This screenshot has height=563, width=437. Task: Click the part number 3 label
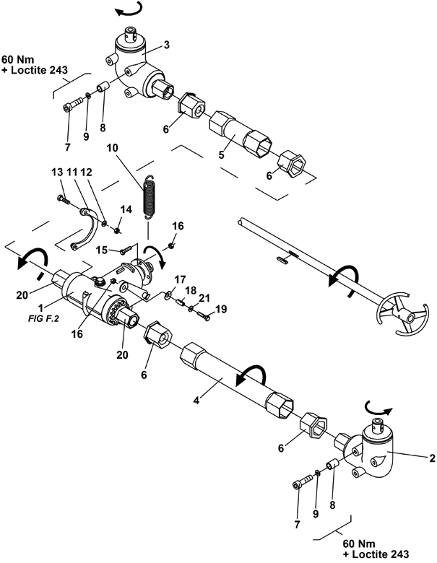(x=166, y=45)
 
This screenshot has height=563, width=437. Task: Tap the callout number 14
(x=126, y=209)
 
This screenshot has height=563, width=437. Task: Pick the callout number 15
(x=103, y=249)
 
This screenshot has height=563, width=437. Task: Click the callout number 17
(x=180, y=278)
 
